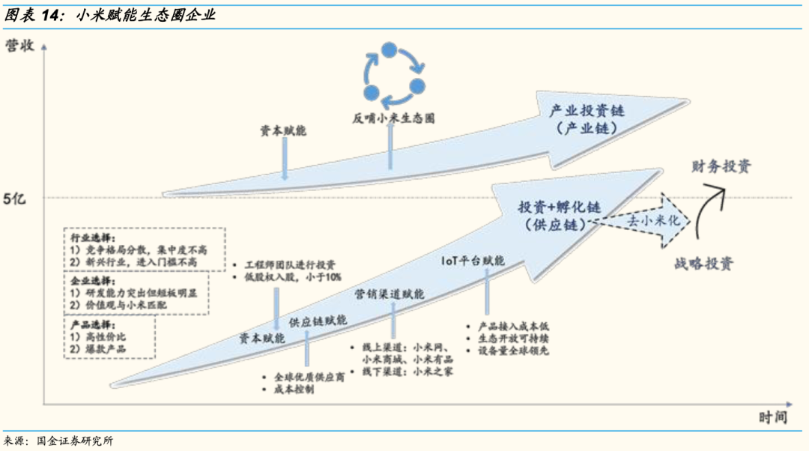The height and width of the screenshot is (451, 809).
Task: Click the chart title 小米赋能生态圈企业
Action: click(x=146, y=14)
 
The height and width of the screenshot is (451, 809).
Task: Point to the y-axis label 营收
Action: click(x=19, y=46)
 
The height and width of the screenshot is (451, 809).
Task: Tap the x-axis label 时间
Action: click(x=772, y=417)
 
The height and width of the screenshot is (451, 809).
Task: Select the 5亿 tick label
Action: click(x=16, y=199)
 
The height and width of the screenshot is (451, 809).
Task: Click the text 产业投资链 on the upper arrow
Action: click(x=587, y=111)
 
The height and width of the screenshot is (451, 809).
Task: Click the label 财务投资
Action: click(x=721, y=166)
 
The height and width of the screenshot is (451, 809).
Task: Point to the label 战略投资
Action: click(x=703, y=264)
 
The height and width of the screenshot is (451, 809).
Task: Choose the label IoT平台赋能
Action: click(x=473, y=261)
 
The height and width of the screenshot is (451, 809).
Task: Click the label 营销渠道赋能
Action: click(x=389, y=294)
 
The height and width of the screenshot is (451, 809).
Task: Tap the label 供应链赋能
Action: click(x=318, y=320)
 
